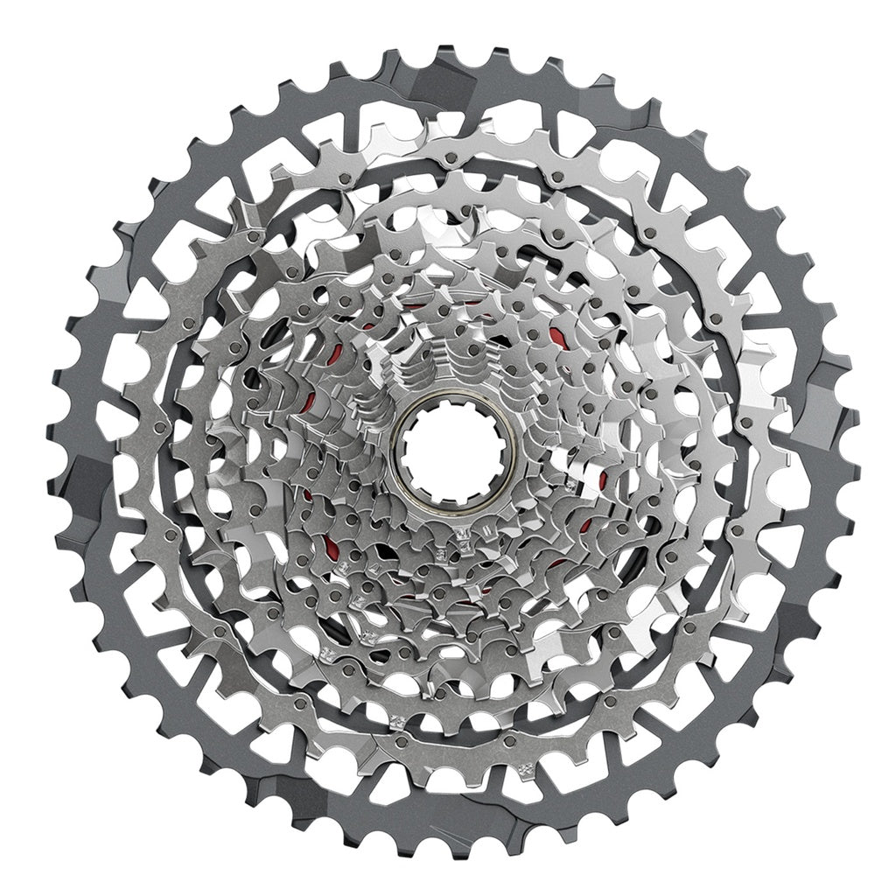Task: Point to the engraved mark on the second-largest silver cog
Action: point(399,722)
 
